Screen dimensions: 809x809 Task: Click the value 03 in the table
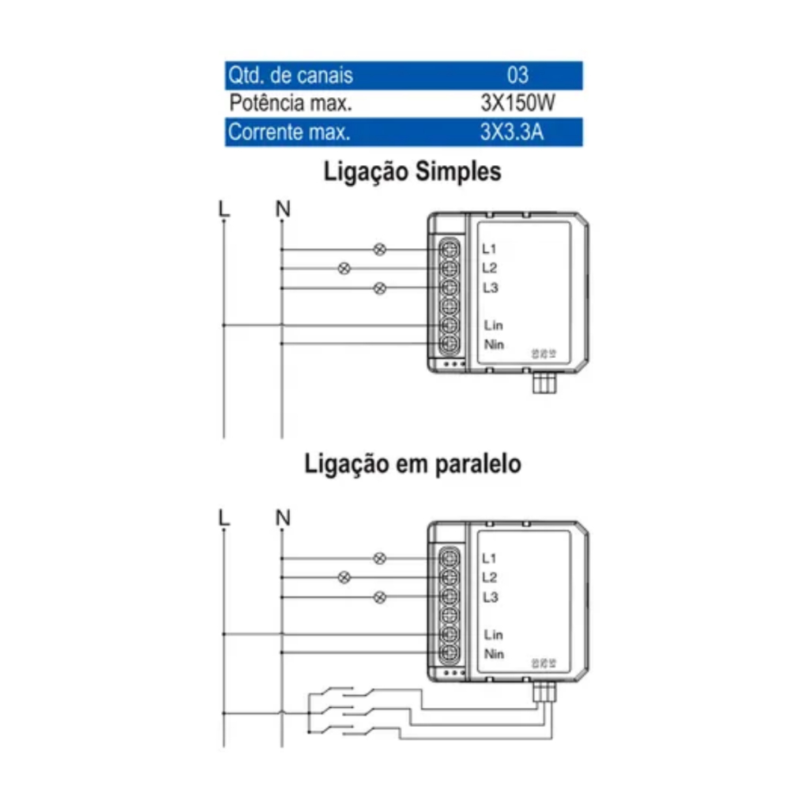517,75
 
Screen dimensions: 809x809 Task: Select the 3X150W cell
517,103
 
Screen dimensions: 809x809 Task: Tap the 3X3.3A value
512,132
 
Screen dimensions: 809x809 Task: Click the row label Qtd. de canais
290,75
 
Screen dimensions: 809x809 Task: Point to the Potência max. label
290,103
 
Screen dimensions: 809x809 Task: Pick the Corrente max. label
288,132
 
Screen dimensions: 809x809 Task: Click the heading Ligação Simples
412,172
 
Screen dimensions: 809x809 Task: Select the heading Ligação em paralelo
412,465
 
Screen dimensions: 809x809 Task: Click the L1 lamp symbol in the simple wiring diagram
379,250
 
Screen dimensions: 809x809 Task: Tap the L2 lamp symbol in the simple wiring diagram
344,269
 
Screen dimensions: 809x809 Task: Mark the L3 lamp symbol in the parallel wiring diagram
379,596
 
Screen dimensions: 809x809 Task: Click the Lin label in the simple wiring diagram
493,325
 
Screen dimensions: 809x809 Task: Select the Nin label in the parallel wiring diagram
494,654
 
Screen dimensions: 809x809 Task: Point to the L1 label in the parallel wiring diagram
489,559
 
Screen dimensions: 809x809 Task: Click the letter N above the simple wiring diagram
283,209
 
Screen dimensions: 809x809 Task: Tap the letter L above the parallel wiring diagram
224,517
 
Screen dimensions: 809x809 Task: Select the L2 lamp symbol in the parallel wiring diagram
344,578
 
